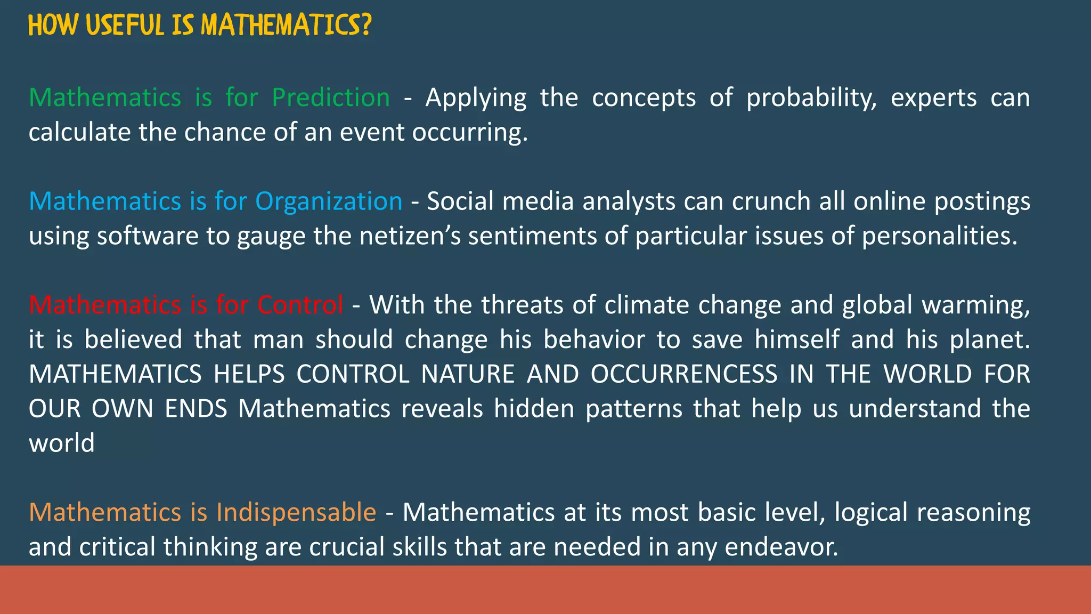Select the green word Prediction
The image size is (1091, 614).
(x=331, y=98)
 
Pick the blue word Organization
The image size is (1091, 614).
(x=329, y=201)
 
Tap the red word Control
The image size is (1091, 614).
(x=300, y=305)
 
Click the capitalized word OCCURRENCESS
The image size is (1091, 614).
(x=684, y=374)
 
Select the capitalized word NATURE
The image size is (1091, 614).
(x=467, y=374)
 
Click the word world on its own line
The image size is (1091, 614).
(x=62, y=443)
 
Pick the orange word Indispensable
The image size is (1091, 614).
(x=296, y=512)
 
